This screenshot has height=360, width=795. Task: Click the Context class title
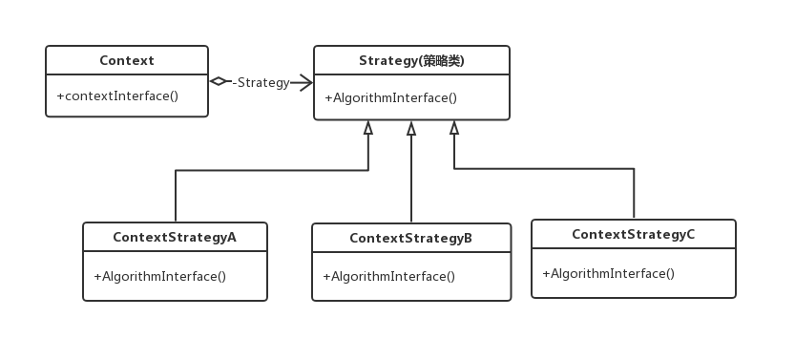(x=127, y=61)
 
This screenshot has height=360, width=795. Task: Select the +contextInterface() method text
(x=117, y=95)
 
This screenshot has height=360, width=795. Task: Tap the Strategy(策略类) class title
(x=411, y=61)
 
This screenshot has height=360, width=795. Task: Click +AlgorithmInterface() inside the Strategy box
(x=391, y=97)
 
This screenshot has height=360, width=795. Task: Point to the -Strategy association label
(x=261, y=82)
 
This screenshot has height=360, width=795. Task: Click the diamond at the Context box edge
(x=219, y=82)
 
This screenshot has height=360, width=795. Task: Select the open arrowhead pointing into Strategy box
(x=306, y=82)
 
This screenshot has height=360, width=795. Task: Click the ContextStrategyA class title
(x=174, y=237)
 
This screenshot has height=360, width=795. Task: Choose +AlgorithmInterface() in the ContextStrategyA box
(x=159, y=277)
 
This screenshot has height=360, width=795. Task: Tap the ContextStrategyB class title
(x=410, y=238)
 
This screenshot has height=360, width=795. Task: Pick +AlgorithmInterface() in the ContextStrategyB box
(x=388, y=277)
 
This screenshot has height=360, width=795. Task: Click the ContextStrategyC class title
(x=633, y=234)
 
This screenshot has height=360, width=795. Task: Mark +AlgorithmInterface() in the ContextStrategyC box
(x=608, y=274)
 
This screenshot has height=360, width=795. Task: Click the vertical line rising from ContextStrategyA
(x=175, y=196)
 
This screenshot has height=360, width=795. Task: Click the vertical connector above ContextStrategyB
(x=411, y=181)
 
